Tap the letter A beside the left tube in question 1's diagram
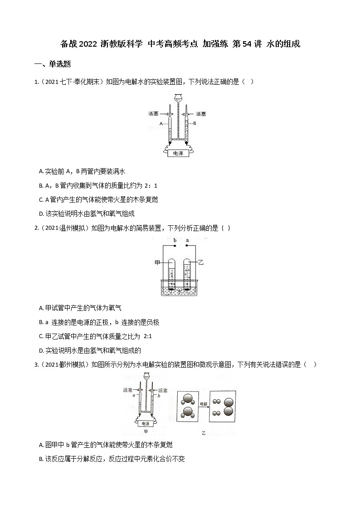[161, 123]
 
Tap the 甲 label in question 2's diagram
[157, 262]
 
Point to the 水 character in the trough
[180, 292]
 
